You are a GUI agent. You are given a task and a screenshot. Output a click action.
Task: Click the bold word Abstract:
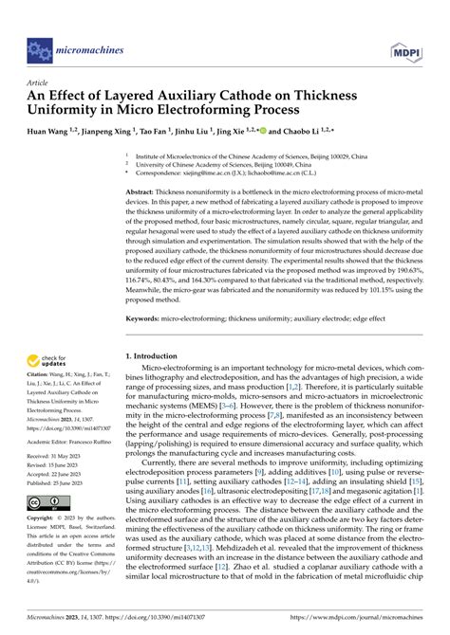coord(142,191)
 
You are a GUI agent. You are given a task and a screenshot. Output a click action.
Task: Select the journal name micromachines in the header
coord(91,45)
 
